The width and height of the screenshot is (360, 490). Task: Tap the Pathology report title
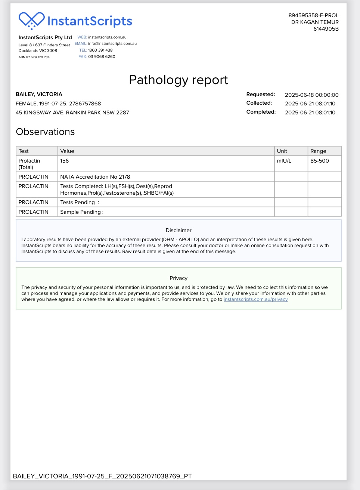coord(178,80)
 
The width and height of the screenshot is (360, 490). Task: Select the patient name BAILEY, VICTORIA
coord(39,94)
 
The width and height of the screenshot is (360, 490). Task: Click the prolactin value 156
coord(65,161)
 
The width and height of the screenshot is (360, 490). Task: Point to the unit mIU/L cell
coord(284,161)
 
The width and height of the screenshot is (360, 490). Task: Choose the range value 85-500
coord(319,161)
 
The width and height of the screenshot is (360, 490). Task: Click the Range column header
coord(318,151)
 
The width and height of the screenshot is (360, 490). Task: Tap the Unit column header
coord(282,151)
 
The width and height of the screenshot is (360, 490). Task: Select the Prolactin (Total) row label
coord(29,164)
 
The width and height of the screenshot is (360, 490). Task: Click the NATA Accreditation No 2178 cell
coord(95,177)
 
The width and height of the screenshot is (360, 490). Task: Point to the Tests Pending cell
coord(80,202)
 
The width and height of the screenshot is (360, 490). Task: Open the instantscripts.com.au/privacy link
coord(255,299)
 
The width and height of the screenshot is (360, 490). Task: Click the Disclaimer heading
coord(179,230)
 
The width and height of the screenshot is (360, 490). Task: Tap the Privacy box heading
coord(179,278)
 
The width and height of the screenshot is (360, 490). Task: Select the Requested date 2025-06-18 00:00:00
coord(311,95)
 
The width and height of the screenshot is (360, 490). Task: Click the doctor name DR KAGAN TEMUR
coord(315,22)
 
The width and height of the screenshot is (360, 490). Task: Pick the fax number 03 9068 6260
coord(102,57)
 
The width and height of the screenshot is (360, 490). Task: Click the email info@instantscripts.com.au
coord(112,43)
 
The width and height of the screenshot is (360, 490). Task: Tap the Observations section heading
coord(45,132)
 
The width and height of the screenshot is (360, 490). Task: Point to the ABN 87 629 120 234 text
coord(34,57)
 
